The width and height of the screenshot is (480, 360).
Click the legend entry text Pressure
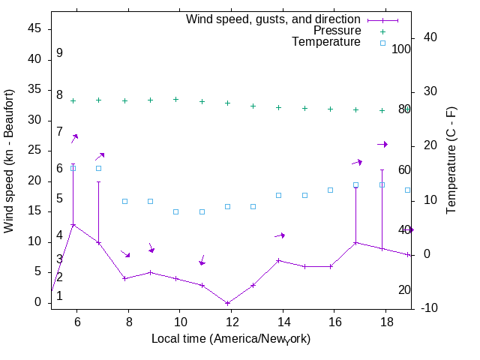pos(337,31)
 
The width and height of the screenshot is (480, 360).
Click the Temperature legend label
pos(326,42)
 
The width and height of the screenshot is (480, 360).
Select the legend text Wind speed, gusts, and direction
pos(273,19)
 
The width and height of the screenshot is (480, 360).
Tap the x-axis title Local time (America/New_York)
pos(231,339)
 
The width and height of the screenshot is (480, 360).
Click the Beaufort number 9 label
pos(59,53)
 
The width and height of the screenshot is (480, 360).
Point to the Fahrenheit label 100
pos(402,49)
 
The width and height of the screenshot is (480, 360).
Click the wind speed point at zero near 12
pos(227,303)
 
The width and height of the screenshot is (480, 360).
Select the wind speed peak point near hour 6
pos(73,224)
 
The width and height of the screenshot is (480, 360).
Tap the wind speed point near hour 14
pos(278,260)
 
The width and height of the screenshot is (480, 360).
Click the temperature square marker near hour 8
pos(124,201)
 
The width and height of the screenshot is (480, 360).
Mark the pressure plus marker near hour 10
pos(176,99)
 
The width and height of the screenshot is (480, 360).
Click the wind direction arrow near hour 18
pos(382,144)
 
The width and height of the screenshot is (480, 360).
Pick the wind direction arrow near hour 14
pos(280,235)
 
